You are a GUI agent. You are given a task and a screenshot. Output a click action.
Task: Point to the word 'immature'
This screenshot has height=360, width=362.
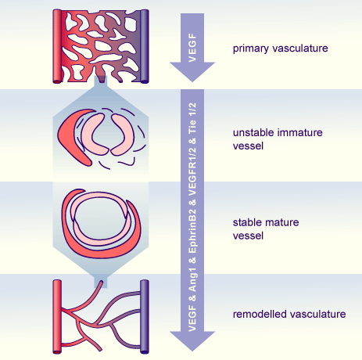[300, 132]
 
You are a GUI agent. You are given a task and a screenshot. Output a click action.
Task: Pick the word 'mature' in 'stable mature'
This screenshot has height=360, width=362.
[281, 222]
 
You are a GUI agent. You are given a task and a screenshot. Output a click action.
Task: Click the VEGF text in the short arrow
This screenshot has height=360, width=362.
[192, 48]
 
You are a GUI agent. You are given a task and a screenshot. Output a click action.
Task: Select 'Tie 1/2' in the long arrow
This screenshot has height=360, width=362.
[192, 117]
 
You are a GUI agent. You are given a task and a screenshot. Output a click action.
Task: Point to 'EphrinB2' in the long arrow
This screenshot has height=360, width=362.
[192, 231]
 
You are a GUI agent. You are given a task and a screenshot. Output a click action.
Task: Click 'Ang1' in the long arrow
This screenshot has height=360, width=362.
[192, 279]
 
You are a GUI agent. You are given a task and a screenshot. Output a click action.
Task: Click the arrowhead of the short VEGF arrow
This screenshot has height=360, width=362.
[192, 72]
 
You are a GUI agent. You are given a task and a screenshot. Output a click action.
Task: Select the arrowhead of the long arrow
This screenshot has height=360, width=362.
[192, 341]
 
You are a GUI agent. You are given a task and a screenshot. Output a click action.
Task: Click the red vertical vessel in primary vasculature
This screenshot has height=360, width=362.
[57, 46]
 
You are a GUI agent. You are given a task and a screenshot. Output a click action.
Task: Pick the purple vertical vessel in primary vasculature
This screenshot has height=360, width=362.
[145, 46]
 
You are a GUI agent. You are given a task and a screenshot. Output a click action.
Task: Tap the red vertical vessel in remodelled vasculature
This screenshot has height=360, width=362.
[57, 317]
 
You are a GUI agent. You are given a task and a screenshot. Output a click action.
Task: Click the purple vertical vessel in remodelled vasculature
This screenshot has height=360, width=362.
[145, 317]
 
